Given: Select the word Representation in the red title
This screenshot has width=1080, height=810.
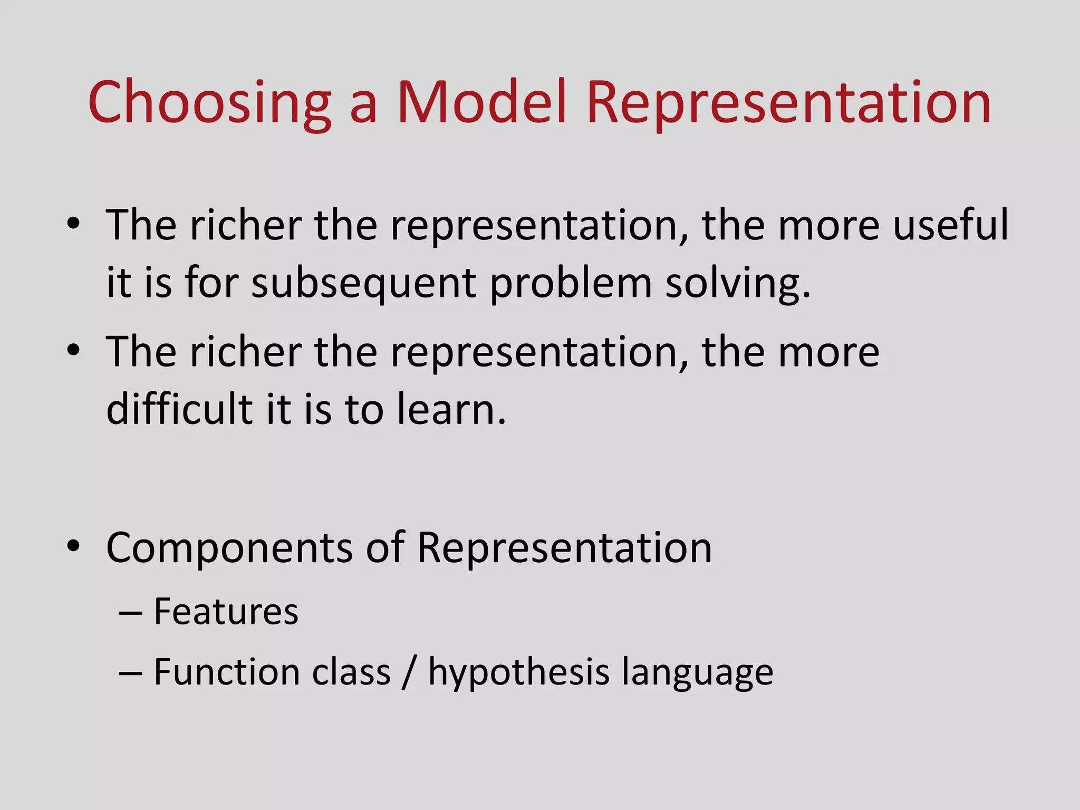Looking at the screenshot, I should (788, 103).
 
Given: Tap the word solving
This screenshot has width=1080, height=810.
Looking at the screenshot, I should (737, 284).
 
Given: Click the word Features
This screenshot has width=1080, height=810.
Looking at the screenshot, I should (226, 612).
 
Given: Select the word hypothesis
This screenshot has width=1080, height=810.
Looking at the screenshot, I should (518, 673).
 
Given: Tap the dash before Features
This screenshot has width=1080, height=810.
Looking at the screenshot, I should (130, 613).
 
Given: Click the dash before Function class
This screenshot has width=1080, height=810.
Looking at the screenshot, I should (130, 673).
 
